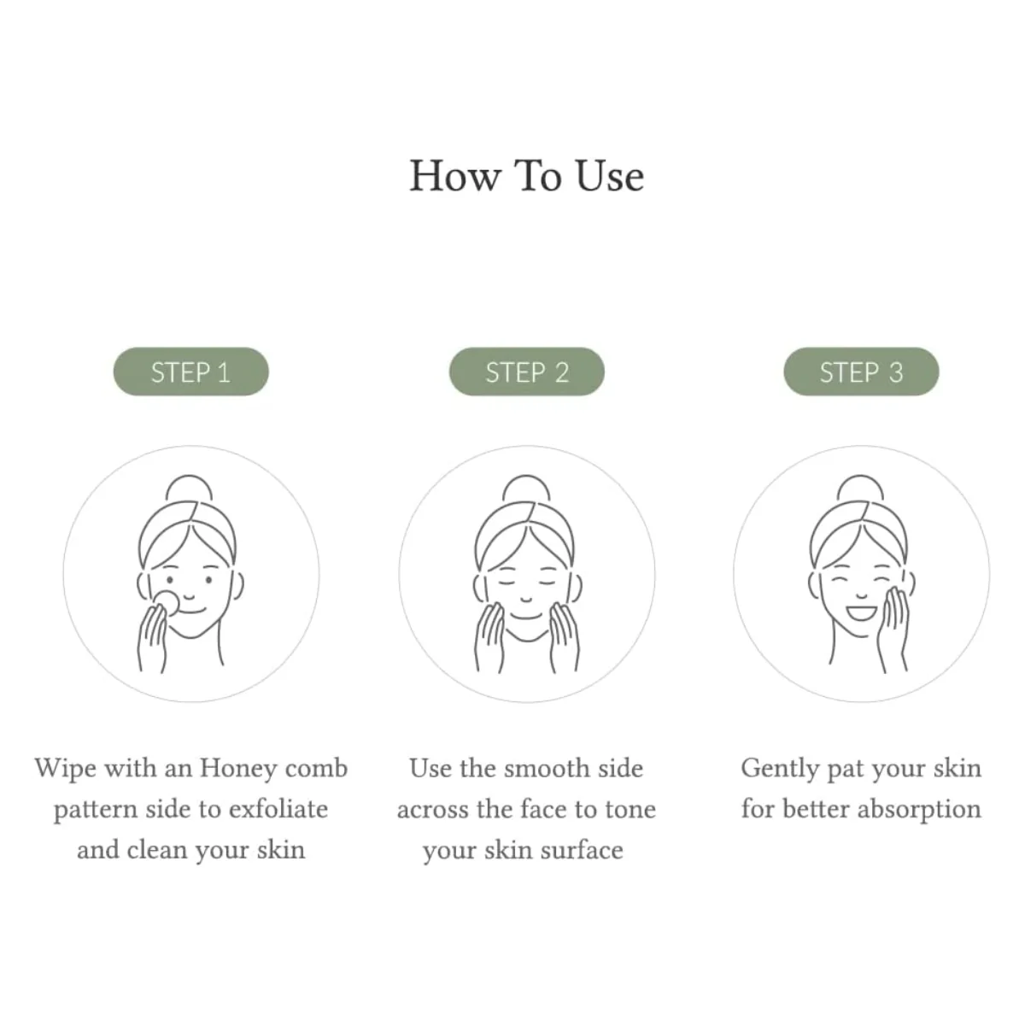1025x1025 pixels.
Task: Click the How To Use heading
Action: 526,176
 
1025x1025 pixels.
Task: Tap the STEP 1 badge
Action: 191,372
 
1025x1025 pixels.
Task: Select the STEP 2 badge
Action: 527,372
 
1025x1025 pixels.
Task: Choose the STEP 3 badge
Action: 861,372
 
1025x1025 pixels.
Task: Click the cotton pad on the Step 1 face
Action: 166,601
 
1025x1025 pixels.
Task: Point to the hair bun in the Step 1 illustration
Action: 190,488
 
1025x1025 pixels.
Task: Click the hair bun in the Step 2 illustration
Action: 526,488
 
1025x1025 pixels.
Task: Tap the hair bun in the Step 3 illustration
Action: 861,488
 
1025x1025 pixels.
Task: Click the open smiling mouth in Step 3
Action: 862,612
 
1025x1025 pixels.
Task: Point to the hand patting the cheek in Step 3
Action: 894,628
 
